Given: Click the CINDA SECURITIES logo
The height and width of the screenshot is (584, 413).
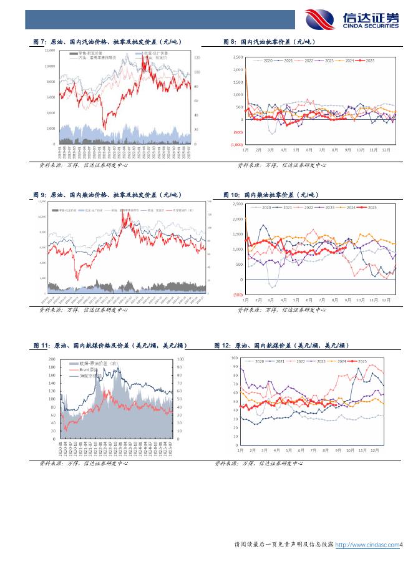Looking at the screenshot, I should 352,19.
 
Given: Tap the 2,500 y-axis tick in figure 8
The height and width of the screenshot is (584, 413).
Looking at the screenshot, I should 238,57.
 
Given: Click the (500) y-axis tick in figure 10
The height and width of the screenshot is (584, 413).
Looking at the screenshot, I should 237,294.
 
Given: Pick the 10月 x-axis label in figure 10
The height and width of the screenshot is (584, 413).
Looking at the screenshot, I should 360,299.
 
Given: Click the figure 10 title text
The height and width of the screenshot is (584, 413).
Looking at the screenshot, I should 270,195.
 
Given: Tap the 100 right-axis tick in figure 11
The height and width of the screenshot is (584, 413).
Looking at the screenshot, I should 181,359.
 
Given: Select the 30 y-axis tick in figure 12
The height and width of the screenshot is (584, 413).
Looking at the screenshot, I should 233,418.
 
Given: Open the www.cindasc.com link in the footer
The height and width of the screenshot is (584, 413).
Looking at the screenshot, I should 367,545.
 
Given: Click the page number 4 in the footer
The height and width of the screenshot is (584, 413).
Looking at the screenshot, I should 402,545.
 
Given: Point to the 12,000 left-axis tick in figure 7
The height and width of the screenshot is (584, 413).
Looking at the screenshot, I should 49,51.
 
